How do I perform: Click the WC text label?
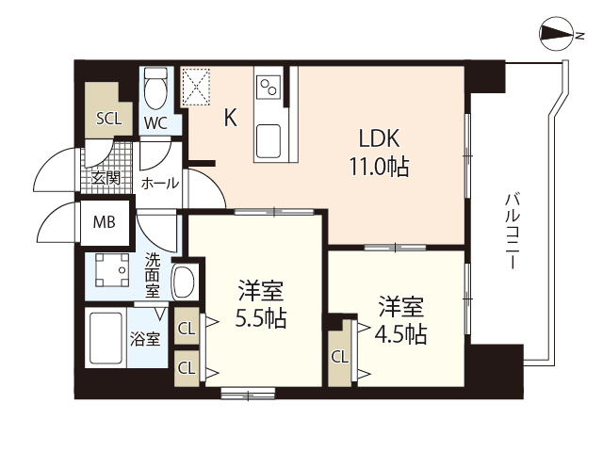pyautogui.click(x=156, y=122)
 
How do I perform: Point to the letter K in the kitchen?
pyautogui.click(x=230, y=118)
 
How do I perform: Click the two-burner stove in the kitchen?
pyautogui.click(x=269, y=86)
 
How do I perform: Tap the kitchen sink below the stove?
pyautogui.click(x=269, y=141)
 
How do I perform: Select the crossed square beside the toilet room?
pyautogui.click(x=200, y=87)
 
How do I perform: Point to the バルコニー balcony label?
pyautogui.click(x=513, y=232)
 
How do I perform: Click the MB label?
pyautogui.click(x=104, y=223)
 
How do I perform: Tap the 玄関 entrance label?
pyautogui.click(x=105, y=178)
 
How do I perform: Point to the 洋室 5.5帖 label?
pyautogui.click(x=260, y=304)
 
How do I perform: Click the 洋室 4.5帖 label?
pyautogui.click(x=401, y=320)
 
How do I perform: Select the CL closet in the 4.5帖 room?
pyautogui.click(x=339, y=356)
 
